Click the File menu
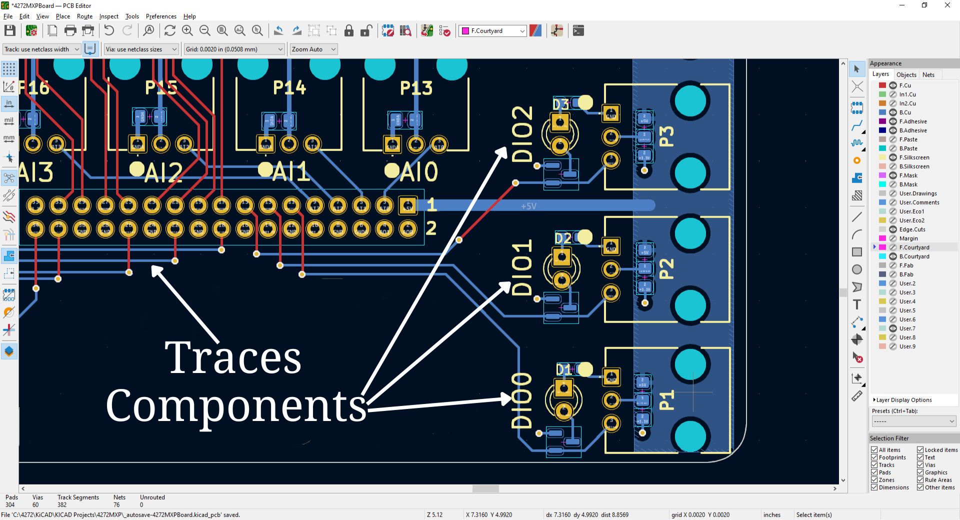coord(8,16)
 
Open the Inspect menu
coord(108,16)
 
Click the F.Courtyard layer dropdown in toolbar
coord(492,31)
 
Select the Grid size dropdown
coord(234,49)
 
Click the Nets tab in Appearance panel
coord(928,74)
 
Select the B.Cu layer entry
coord(904,112)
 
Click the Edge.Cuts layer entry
coord(912,229)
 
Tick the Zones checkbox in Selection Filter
coord(874,480)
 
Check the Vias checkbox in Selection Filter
coord(920,465)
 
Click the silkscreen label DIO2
coord(522,134)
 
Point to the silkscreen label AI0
coord(419,172)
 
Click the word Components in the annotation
coord(236,406)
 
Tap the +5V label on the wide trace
coord(528,206)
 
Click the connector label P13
coord(416,88)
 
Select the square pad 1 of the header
coord(407,205)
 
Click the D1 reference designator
coord(563,369)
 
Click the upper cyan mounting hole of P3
coord(690,101)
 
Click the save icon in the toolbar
coord(9,31)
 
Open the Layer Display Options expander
coord(903,400)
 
